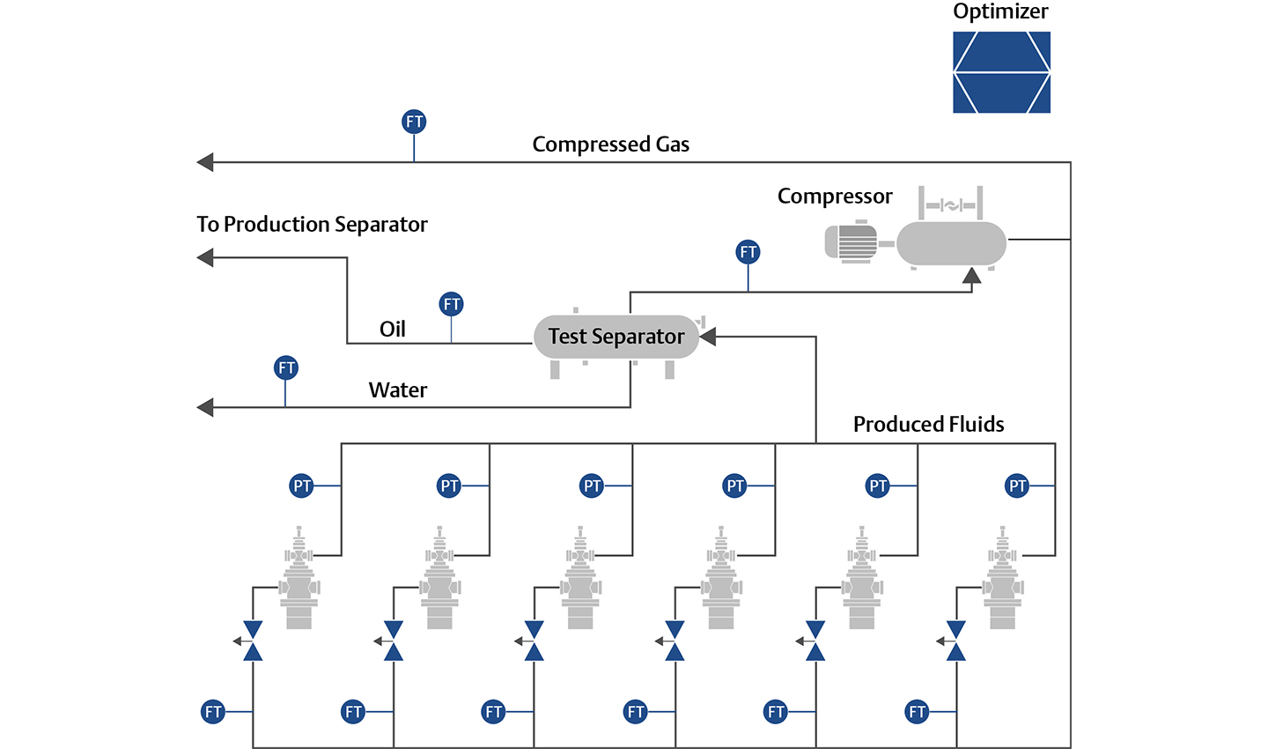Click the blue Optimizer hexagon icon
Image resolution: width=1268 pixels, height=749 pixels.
click(1001, 72)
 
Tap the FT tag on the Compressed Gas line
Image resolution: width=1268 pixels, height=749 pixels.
click(414, 122)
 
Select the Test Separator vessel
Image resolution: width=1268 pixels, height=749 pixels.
click(616, 337)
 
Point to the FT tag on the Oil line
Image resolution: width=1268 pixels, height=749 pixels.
click(452, 304)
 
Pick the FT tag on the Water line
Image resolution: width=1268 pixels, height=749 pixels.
click(286, 367)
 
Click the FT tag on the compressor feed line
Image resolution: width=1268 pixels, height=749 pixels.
click(748, 252)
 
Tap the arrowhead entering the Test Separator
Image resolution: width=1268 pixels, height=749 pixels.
click(707, 337)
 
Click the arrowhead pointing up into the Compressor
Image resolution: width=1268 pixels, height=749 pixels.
click(971, 276)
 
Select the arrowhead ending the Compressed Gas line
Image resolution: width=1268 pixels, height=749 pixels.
click(205, 162)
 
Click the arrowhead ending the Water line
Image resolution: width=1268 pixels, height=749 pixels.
click(205, 407)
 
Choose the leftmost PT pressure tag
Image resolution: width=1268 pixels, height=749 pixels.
click(302, 486)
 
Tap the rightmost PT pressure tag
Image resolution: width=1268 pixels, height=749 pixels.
click(1018, 486)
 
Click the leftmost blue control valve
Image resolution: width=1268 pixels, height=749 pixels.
click(253, 641)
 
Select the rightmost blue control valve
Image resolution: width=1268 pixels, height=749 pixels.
click(956, 641)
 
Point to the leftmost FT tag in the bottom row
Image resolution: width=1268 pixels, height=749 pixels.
click(213, 711)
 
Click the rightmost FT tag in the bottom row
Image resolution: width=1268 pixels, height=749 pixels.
click(918, 711)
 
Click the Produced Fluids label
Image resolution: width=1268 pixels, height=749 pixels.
click(928, 425)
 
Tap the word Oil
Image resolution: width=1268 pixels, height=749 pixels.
click(393, 330)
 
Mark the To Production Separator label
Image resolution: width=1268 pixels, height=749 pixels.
click(312, 225)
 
